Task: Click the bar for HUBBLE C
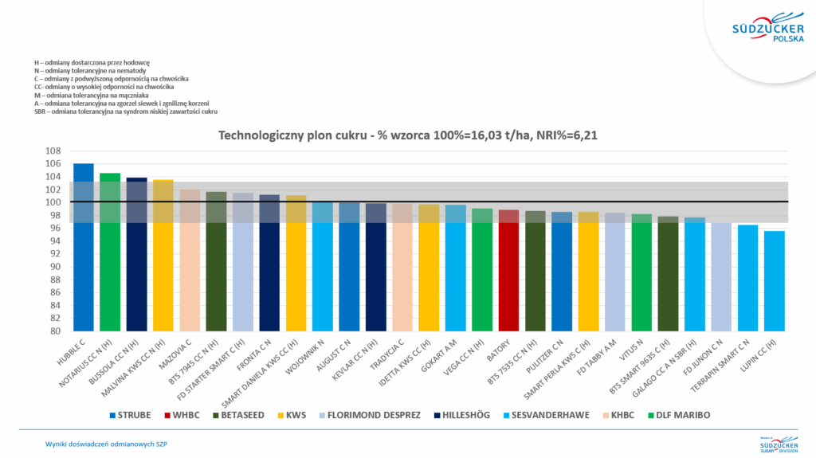(83, 247)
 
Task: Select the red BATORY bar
(508, 271)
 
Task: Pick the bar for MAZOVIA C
(190, 260)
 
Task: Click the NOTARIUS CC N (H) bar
(110, 252)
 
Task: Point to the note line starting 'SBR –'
(126, 112)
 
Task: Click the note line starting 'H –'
(92, 62)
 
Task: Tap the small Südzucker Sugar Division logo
(776, 443)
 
